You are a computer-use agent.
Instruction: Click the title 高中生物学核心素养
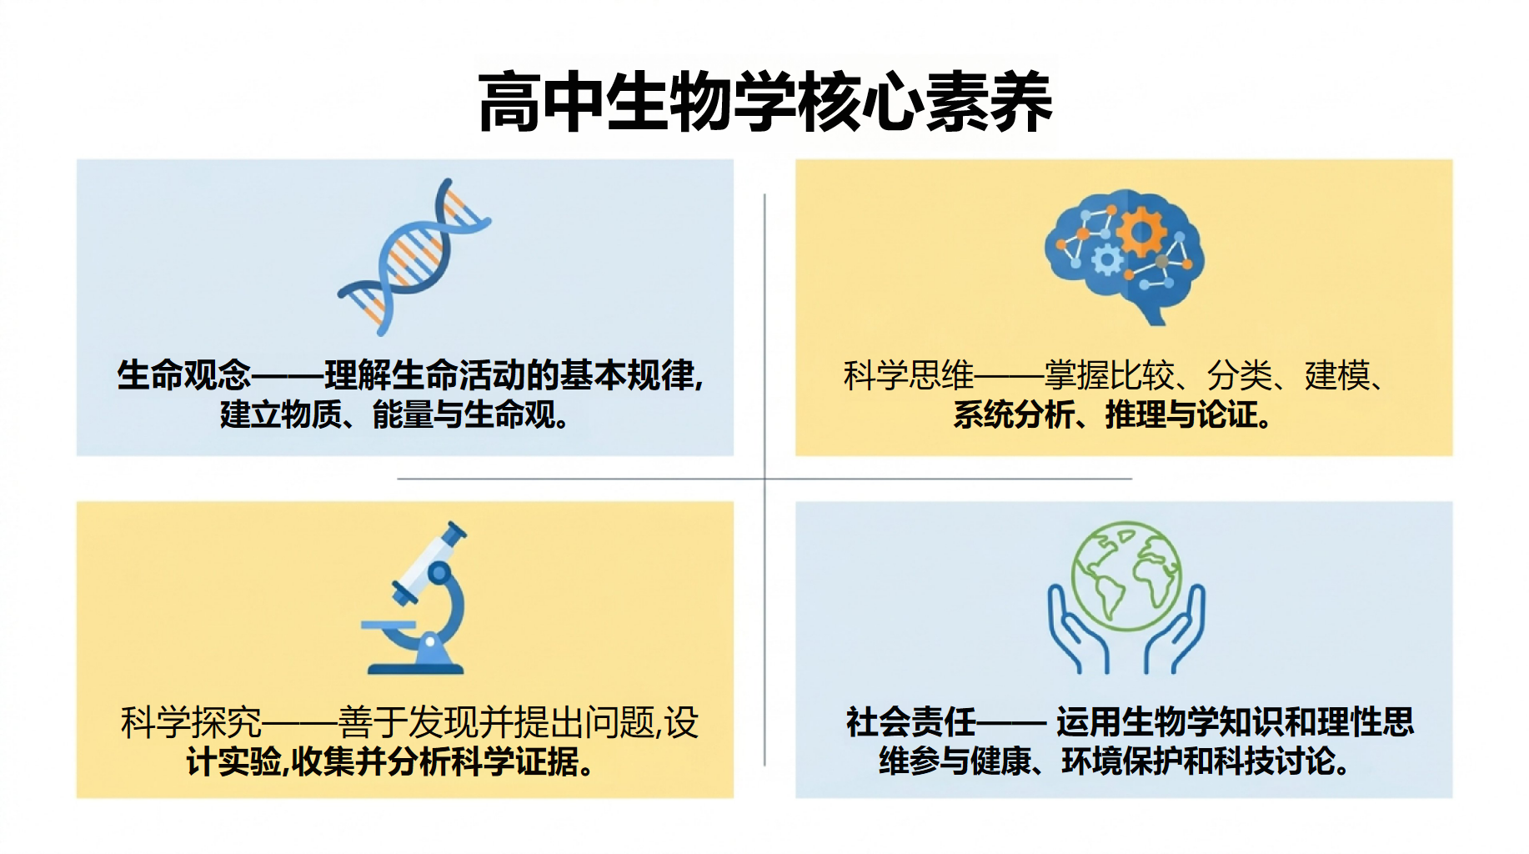pyautogui.click(x=765, y=102)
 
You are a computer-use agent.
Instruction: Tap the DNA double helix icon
pyautogui.click(x=414, y=257)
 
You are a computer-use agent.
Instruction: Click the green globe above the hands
pyautogui.click(x=1126, y=575)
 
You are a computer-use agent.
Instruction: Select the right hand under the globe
pyautogui.click(x=1175, y=630)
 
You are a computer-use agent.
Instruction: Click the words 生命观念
pyautogui.click(x=183, y=375)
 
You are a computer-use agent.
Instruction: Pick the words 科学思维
pyautogui.click(x=909, y=375)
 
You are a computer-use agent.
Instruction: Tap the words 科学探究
pyautogui.click(x=191, y=722)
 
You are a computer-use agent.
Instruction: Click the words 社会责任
pyautogui.click(x=911, y=722)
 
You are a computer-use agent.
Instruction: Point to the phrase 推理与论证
pyautogui.click(x=1181, y=414)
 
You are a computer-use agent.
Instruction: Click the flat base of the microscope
pyautogui.click(x=415, y=668)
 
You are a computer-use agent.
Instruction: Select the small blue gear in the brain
pyautogui.click(x=1107, y=260)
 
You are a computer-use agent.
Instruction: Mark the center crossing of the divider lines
pyautogui.click(x=764, y=479)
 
